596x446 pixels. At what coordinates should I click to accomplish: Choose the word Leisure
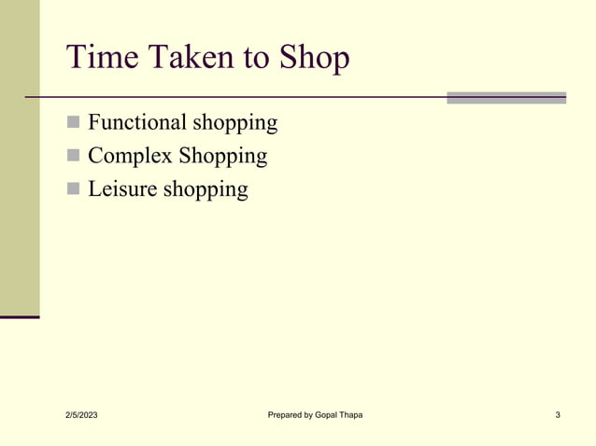click(122, 189)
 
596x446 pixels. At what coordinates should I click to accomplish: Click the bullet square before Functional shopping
click(74, 123)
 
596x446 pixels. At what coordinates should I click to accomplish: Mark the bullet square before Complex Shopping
click(74, 157)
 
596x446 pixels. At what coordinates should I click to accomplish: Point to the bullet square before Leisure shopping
click(74, 190)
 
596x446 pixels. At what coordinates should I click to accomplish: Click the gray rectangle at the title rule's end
click(505, 97)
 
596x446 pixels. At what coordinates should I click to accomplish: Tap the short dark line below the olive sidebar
click(20, 317)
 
